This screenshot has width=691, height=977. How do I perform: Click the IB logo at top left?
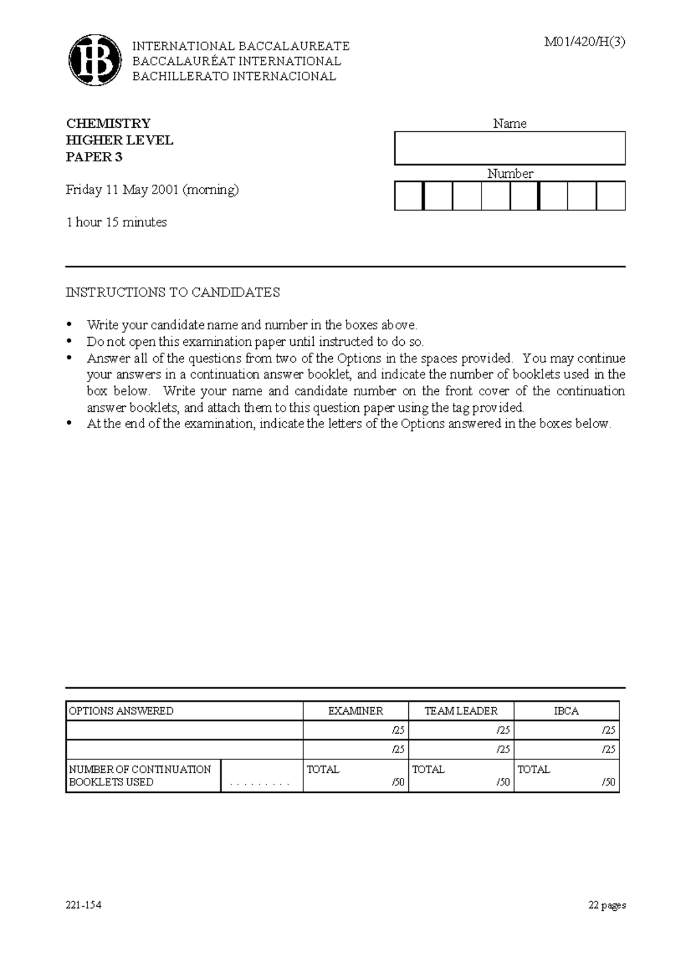95,60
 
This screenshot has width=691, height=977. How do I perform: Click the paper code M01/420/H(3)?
584,42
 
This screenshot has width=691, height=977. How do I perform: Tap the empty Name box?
510,148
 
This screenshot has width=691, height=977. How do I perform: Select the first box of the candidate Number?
408,196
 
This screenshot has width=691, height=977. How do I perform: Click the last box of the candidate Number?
611,196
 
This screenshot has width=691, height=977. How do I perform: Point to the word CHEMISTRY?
108,124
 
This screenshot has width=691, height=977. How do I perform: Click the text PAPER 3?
94,157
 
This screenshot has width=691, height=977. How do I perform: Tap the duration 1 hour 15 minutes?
116,222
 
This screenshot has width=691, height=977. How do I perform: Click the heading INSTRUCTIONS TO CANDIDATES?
173,292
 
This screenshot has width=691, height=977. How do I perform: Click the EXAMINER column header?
355,711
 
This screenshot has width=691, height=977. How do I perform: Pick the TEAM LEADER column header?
461,711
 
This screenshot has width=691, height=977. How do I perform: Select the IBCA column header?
566,711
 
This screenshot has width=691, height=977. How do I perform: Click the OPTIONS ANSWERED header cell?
121,711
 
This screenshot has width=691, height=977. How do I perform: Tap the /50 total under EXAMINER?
398,783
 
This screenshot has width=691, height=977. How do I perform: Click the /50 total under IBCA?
609,783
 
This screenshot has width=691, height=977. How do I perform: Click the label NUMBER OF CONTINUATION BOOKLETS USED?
140,776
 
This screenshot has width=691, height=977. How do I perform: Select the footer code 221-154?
83,905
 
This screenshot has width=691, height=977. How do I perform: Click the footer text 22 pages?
607,905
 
